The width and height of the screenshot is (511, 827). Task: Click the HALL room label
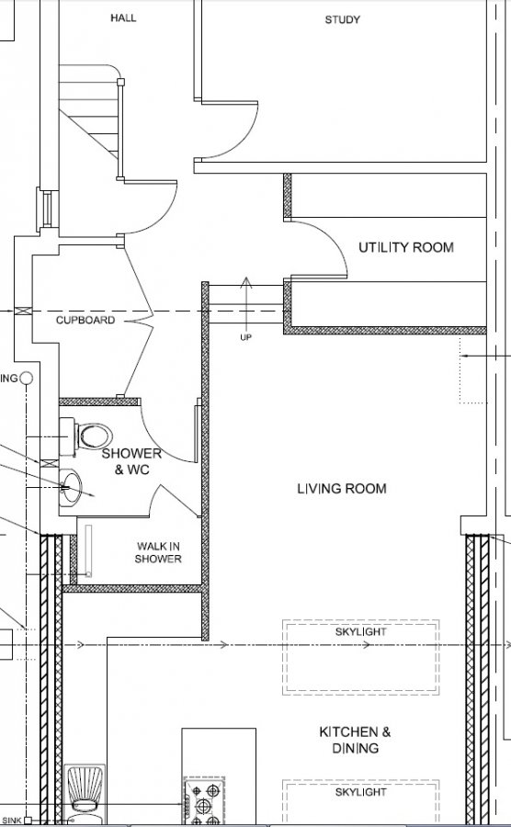click(x=123, y=18)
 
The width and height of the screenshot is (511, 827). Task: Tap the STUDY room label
click(x=342, y=20)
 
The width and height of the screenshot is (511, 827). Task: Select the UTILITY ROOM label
click(x=406, y=247)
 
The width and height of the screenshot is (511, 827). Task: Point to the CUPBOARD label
click(x=85, y=320)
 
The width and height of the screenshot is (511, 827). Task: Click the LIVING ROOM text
click(x=342, y=489)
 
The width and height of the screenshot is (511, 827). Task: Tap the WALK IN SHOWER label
click(x=158, y=553)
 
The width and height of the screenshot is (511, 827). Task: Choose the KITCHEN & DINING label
click(x=356, y=740)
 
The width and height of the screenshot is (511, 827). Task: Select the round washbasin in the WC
click(x=70, y=486)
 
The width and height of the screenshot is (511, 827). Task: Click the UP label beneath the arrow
click(x=245, y=337)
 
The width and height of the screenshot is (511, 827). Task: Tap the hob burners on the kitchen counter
click(x=204, y=801)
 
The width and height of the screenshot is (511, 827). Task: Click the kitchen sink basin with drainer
click(x=85, y=795)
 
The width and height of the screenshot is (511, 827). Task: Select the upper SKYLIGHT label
click(x=360, y=632)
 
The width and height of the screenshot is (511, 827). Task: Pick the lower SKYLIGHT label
click(x=360, y=792)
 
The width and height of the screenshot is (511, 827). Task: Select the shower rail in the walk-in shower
click(x=88, y=550)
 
